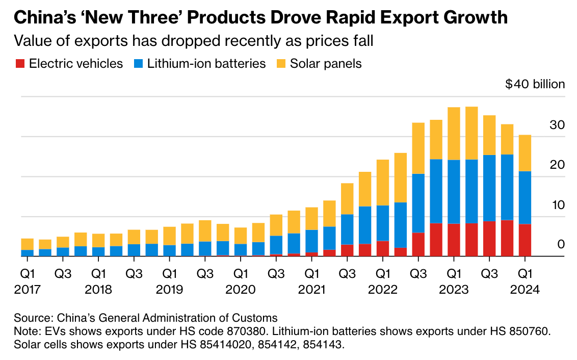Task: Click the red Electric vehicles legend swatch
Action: click(x=20, y=64)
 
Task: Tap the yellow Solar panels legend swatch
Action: click(x=281, y=64)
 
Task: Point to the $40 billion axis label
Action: click(x=535, y=84)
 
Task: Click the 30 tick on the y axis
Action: click(x=558, y=125)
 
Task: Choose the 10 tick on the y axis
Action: click(x=558, y=205)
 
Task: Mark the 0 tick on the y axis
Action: click(x=561, y=245)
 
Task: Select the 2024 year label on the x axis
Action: click(x=525, y=290)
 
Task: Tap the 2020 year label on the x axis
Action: click(x=241, y=290)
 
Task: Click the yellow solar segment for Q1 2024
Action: click(x=525, y=153)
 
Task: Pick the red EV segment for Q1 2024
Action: click(x=525, y=240)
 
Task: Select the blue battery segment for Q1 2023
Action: click(x=454, y=192)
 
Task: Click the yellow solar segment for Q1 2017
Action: click(x=28, y=244)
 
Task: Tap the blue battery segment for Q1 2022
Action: click(x=383, y=223)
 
